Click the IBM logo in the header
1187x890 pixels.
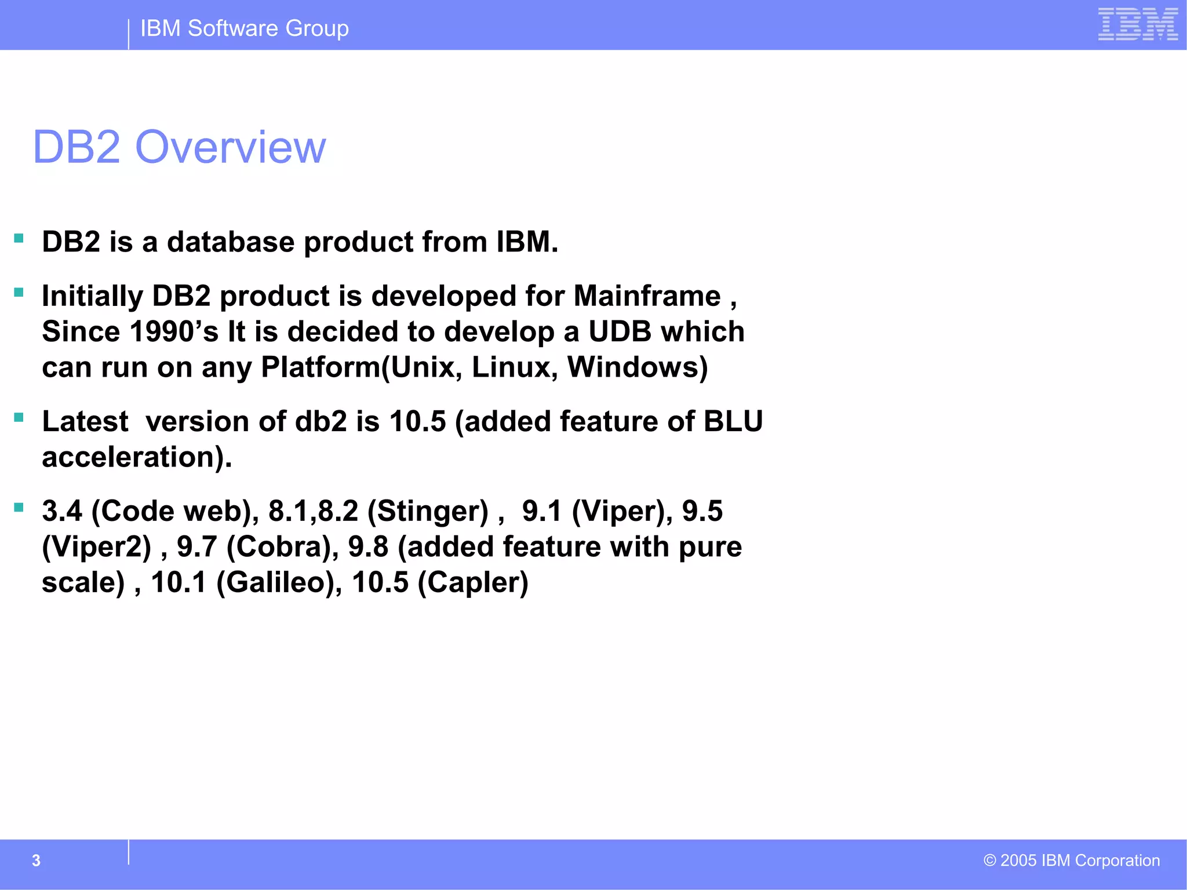pyautogui.click(x=1137, y=24)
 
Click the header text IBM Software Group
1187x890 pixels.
pyautogui.click(x=244, y=28)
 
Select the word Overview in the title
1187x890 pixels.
pyautogui.click(x=230, y=147)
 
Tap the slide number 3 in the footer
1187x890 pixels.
pyautogui.click(x=36, y=860)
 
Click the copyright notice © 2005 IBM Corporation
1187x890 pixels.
pyautogui.click(x=1071, y=860)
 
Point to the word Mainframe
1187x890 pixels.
pyautogui.click(x=647, y=296)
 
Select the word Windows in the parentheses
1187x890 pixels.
pyautogui.click(x=633, y=367)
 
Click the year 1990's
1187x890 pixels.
pyautogui.click(x=174, y=332)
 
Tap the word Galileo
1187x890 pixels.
pyautogui.click(x=279, y=582)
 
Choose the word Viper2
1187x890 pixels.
pyautogui.click(x=96, y=547)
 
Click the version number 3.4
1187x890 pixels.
pyautogui.click(x=61, y=511)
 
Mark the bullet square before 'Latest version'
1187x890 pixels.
pyautogui.click(x=19, y=417)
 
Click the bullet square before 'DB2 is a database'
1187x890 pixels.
pyautogui.click(x=19, y=238)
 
